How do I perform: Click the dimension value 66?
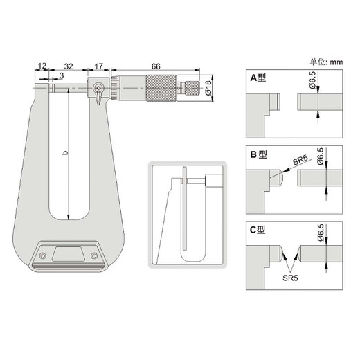point(156,66)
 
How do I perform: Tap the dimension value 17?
point(98,66)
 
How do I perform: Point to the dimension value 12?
point(43,66)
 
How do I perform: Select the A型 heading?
point(258,78)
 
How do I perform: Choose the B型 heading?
point(258,155)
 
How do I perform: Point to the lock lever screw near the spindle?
point(100,88)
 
